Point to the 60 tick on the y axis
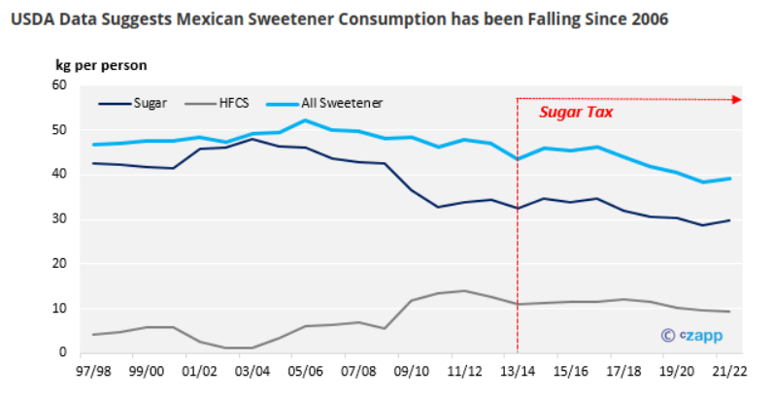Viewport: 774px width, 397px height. [x=58, y=85]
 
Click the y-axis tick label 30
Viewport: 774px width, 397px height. [x=58, y=219]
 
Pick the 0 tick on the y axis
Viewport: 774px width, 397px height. [x=61, y=353]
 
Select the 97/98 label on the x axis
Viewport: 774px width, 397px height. [x=94, y=371]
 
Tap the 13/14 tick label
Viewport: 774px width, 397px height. [x=517, y=371]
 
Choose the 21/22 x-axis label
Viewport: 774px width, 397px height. [x=728, y=371]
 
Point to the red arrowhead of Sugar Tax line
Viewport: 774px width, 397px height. [x=735, y=99]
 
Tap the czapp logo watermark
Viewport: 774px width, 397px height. [x=691, y=336]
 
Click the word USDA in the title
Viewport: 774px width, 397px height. [x=33, y=19]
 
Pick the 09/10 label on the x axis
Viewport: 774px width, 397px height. [x=412, y=371]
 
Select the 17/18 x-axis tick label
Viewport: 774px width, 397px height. [x=623, y=371]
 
